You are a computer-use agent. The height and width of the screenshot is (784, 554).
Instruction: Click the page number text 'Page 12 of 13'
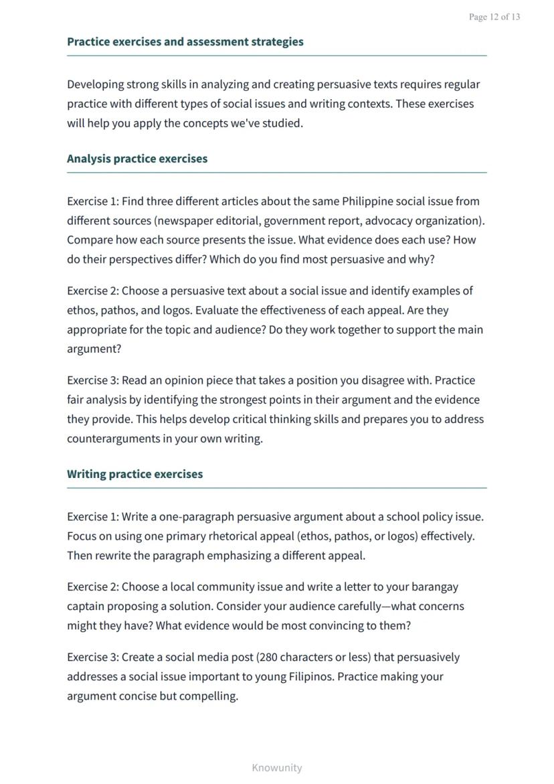[x=494, y=17]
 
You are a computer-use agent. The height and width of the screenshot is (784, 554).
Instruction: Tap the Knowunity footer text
[x=276, y=767]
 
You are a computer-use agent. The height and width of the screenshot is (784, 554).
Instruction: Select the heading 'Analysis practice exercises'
[x=137, y=159]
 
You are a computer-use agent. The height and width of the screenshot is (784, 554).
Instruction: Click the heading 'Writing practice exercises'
[x=134, y=474]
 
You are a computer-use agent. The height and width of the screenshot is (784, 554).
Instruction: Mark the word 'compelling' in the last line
[x=207, y=696]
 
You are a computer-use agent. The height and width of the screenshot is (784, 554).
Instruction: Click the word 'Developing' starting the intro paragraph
[x=96, y=84]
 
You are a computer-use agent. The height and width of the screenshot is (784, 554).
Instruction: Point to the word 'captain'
[x=86, y=606]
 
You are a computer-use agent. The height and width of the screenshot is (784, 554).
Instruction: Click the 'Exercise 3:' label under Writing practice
[x=92, y=657]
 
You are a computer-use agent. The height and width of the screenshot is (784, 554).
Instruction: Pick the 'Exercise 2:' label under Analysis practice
[x=92, y=291]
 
